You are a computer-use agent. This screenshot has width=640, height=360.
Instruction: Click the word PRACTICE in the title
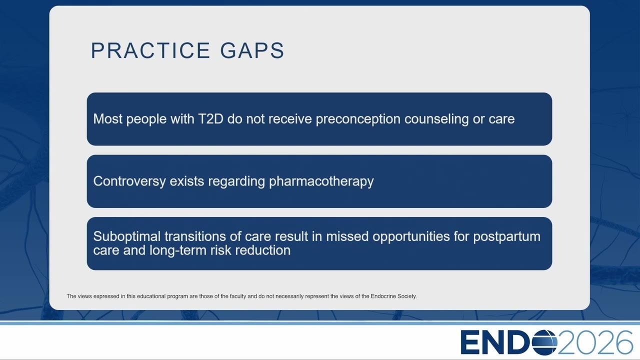click(150, 50)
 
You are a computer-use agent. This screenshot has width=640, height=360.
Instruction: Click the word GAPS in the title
click(252, 50)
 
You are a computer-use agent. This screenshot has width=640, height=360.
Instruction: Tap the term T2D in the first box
click(210, 119)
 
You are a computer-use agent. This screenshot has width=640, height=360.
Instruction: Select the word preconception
click(358, 119)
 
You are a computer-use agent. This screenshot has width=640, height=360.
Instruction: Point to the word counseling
click(436, 119)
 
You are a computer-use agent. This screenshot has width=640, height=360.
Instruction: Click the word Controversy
click(129, 181)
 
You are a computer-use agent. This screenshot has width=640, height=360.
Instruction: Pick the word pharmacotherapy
click(321, 181)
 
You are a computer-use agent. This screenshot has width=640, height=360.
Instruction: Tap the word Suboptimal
click(127, 236)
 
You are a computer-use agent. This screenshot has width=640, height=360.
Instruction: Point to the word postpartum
click(507, 237)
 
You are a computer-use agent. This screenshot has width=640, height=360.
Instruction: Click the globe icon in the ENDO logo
click(544, 342)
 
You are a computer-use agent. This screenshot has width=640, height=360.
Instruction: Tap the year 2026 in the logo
click(595, 342)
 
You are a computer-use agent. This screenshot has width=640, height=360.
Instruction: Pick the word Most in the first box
click(107, 119)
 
